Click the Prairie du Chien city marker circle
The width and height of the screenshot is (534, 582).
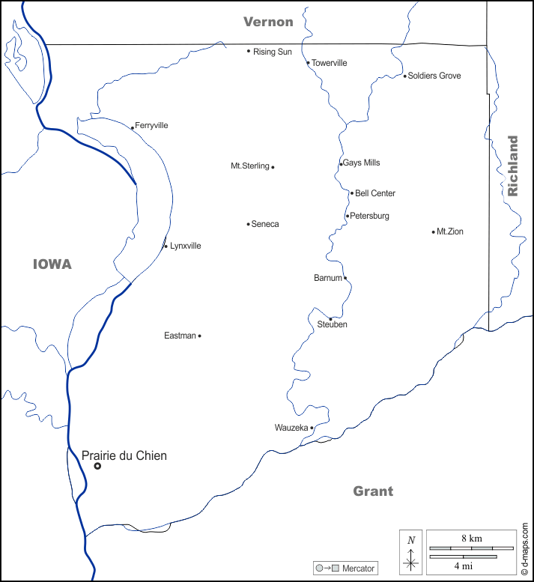coord(97,466)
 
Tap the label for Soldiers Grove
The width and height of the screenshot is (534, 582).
coord(434,76)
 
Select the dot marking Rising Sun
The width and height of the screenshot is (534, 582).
coord(249,51)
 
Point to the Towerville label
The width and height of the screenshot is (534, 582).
coord(330,63)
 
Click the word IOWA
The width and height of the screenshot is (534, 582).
coord(52,264)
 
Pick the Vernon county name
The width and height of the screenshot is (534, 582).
coord(268,22)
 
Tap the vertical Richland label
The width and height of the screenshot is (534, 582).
coord(513,166)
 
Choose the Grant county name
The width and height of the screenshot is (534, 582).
coord(373,491)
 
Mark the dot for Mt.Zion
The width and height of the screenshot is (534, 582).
coord(434,231)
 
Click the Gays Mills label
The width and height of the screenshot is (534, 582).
coord(362,163)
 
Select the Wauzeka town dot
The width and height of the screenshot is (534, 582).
coord(312,428)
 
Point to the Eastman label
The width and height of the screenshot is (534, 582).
coord(180,336)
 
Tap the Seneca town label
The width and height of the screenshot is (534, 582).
coord(265,224)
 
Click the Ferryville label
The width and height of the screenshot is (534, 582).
coord(151,125)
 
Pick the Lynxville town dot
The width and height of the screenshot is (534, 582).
coord(166,246)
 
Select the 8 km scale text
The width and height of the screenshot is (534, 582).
coord(471,539)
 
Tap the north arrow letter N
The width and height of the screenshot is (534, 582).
coord(410,540)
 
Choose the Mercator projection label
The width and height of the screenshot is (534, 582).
coord(358,569)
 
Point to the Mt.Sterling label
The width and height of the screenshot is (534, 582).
coord(250,166)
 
